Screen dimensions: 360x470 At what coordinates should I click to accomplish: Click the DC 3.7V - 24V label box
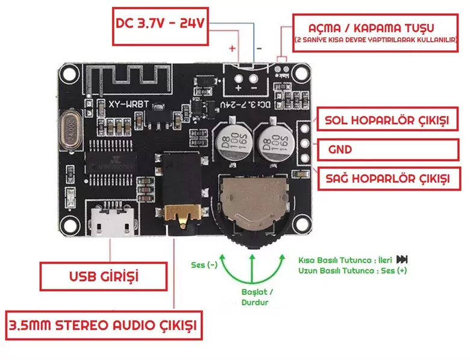[160, 25]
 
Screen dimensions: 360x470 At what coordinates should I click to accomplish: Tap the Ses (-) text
[204, 265]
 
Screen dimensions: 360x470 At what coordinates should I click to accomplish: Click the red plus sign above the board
[232, 47]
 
